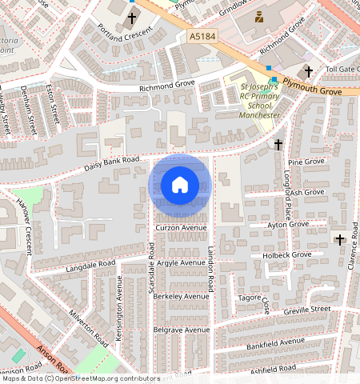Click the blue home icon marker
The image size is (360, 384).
pyautogui.click(x=180, y=185)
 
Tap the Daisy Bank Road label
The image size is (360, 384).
pyautogui.click(x=112, y=165)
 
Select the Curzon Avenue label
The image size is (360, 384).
pyautogui.click(x=181, y=227)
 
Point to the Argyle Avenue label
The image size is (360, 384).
pyautogui.click(x=180, y=262)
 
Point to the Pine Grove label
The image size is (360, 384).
pyautogui.click(x=305, y=162)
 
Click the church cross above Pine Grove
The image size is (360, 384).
pyautogui.click(x=278, y=145)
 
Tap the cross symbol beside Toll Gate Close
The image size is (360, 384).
pyautogui.click(x=309, y=70)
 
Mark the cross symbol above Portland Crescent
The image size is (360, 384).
pyautogui.click(x=132, y=17)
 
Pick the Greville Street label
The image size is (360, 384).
pyautogui.click(x=307, y=308)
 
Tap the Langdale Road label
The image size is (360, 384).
pyautogui.click(x=91, y=265)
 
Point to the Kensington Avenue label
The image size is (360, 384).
pyautogui.click(x=118, y=308)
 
